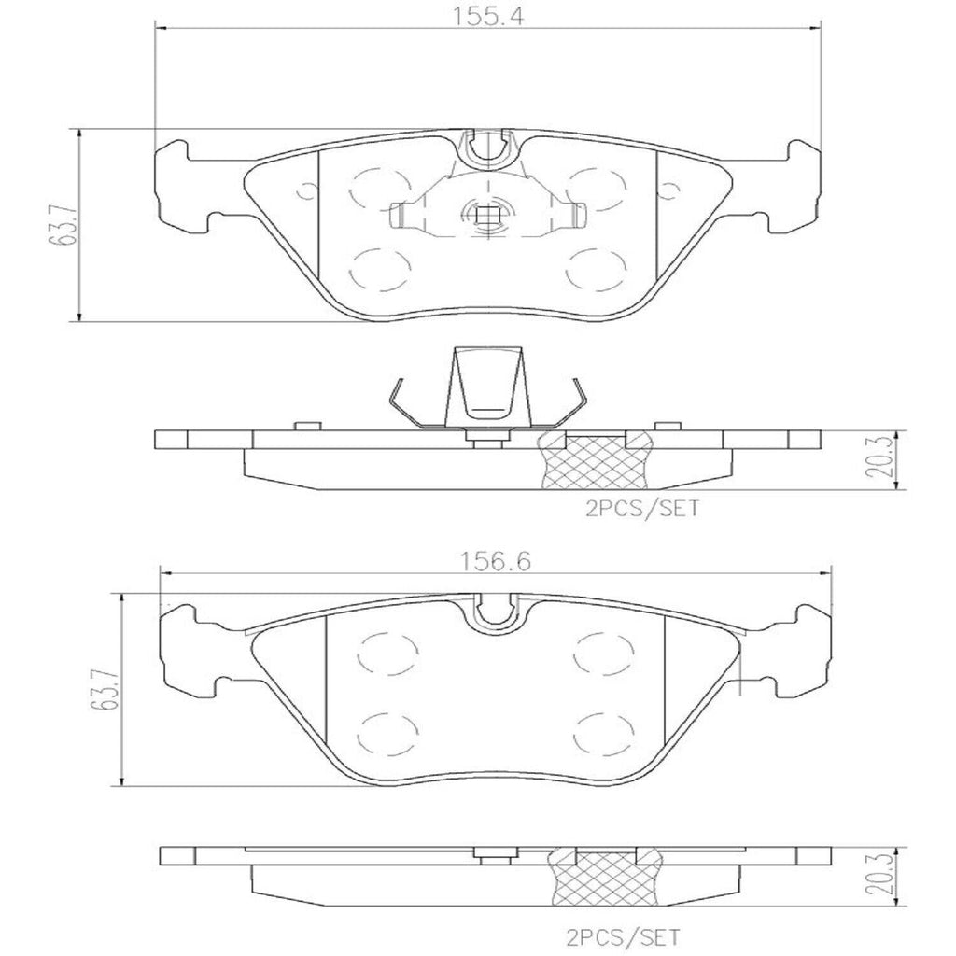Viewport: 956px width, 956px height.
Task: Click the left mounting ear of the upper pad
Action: point(183,186)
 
